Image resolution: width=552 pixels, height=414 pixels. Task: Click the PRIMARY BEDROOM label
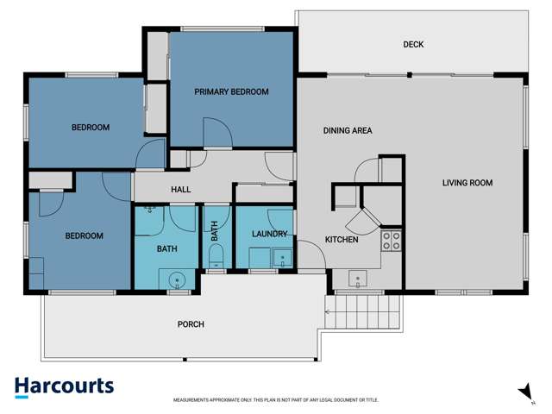[231, 91]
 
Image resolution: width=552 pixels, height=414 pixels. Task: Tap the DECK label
[413, 45]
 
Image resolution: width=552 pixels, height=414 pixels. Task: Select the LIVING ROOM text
[467, 182]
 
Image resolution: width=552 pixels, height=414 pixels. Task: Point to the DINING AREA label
[347, 131]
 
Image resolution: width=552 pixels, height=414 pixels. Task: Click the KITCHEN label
[341, 239]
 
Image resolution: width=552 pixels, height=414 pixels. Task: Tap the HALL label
[180, 190]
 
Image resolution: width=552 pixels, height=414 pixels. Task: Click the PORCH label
[191, 324]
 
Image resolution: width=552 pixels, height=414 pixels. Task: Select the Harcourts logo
[64, 386]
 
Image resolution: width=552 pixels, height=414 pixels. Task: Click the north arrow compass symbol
[524, 392]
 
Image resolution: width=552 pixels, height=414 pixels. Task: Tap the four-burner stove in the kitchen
[392, 241]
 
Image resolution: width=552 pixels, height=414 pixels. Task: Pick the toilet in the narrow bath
[216, 255]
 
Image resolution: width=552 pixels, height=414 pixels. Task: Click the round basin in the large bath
[178, 279]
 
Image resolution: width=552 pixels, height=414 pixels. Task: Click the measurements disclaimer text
[276, 400]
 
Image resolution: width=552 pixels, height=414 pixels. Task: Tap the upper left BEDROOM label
[90, 128]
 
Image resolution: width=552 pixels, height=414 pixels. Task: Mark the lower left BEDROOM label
[85, 235]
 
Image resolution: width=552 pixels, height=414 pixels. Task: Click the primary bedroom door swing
[216, 134]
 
